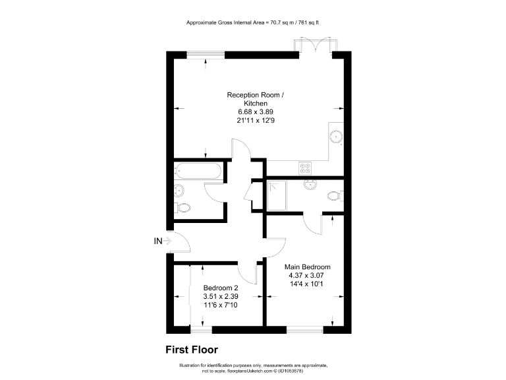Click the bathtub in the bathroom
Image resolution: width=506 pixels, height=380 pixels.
198,172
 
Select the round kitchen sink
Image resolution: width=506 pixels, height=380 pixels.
337,137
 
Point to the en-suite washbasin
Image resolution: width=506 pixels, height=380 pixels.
310,184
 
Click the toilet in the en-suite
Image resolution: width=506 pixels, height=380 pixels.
335,195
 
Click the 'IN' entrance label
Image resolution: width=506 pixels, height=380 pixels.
157,241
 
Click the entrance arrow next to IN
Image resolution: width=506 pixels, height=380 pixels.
167,241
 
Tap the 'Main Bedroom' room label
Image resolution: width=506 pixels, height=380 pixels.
307,267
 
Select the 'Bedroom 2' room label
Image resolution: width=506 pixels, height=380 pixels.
221,288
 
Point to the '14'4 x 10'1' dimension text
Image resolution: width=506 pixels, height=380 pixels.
307,284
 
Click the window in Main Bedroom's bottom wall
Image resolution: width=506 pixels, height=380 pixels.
305,328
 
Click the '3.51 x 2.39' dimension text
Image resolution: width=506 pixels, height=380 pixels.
221,296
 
